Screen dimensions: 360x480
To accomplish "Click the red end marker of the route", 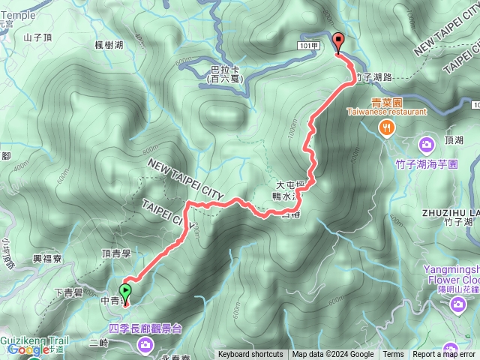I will pyautogui.click(x=337, y=43).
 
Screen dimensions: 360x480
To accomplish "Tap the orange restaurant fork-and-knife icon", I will pyautogui.click(x=386, y=127).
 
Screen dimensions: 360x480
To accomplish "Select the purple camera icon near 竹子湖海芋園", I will pyautogui.click(x=427, y=143).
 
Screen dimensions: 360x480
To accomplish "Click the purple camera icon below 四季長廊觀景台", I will pyautogui.click(x=145, y=344).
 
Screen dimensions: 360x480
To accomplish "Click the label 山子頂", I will pyautogui.click(x=37, y=37).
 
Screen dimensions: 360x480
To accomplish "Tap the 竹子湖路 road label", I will pyautogui.click(x=375, y=76).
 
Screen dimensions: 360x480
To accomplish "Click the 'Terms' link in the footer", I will pyautogui.click(x=393, y=355).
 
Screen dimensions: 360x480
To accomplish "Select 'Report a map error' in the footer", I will pyautogui.click(x=445, y=355).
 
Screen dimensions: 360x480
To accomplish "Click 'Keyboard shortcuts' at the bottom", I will pyautogui.click(x=250, y=355).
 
